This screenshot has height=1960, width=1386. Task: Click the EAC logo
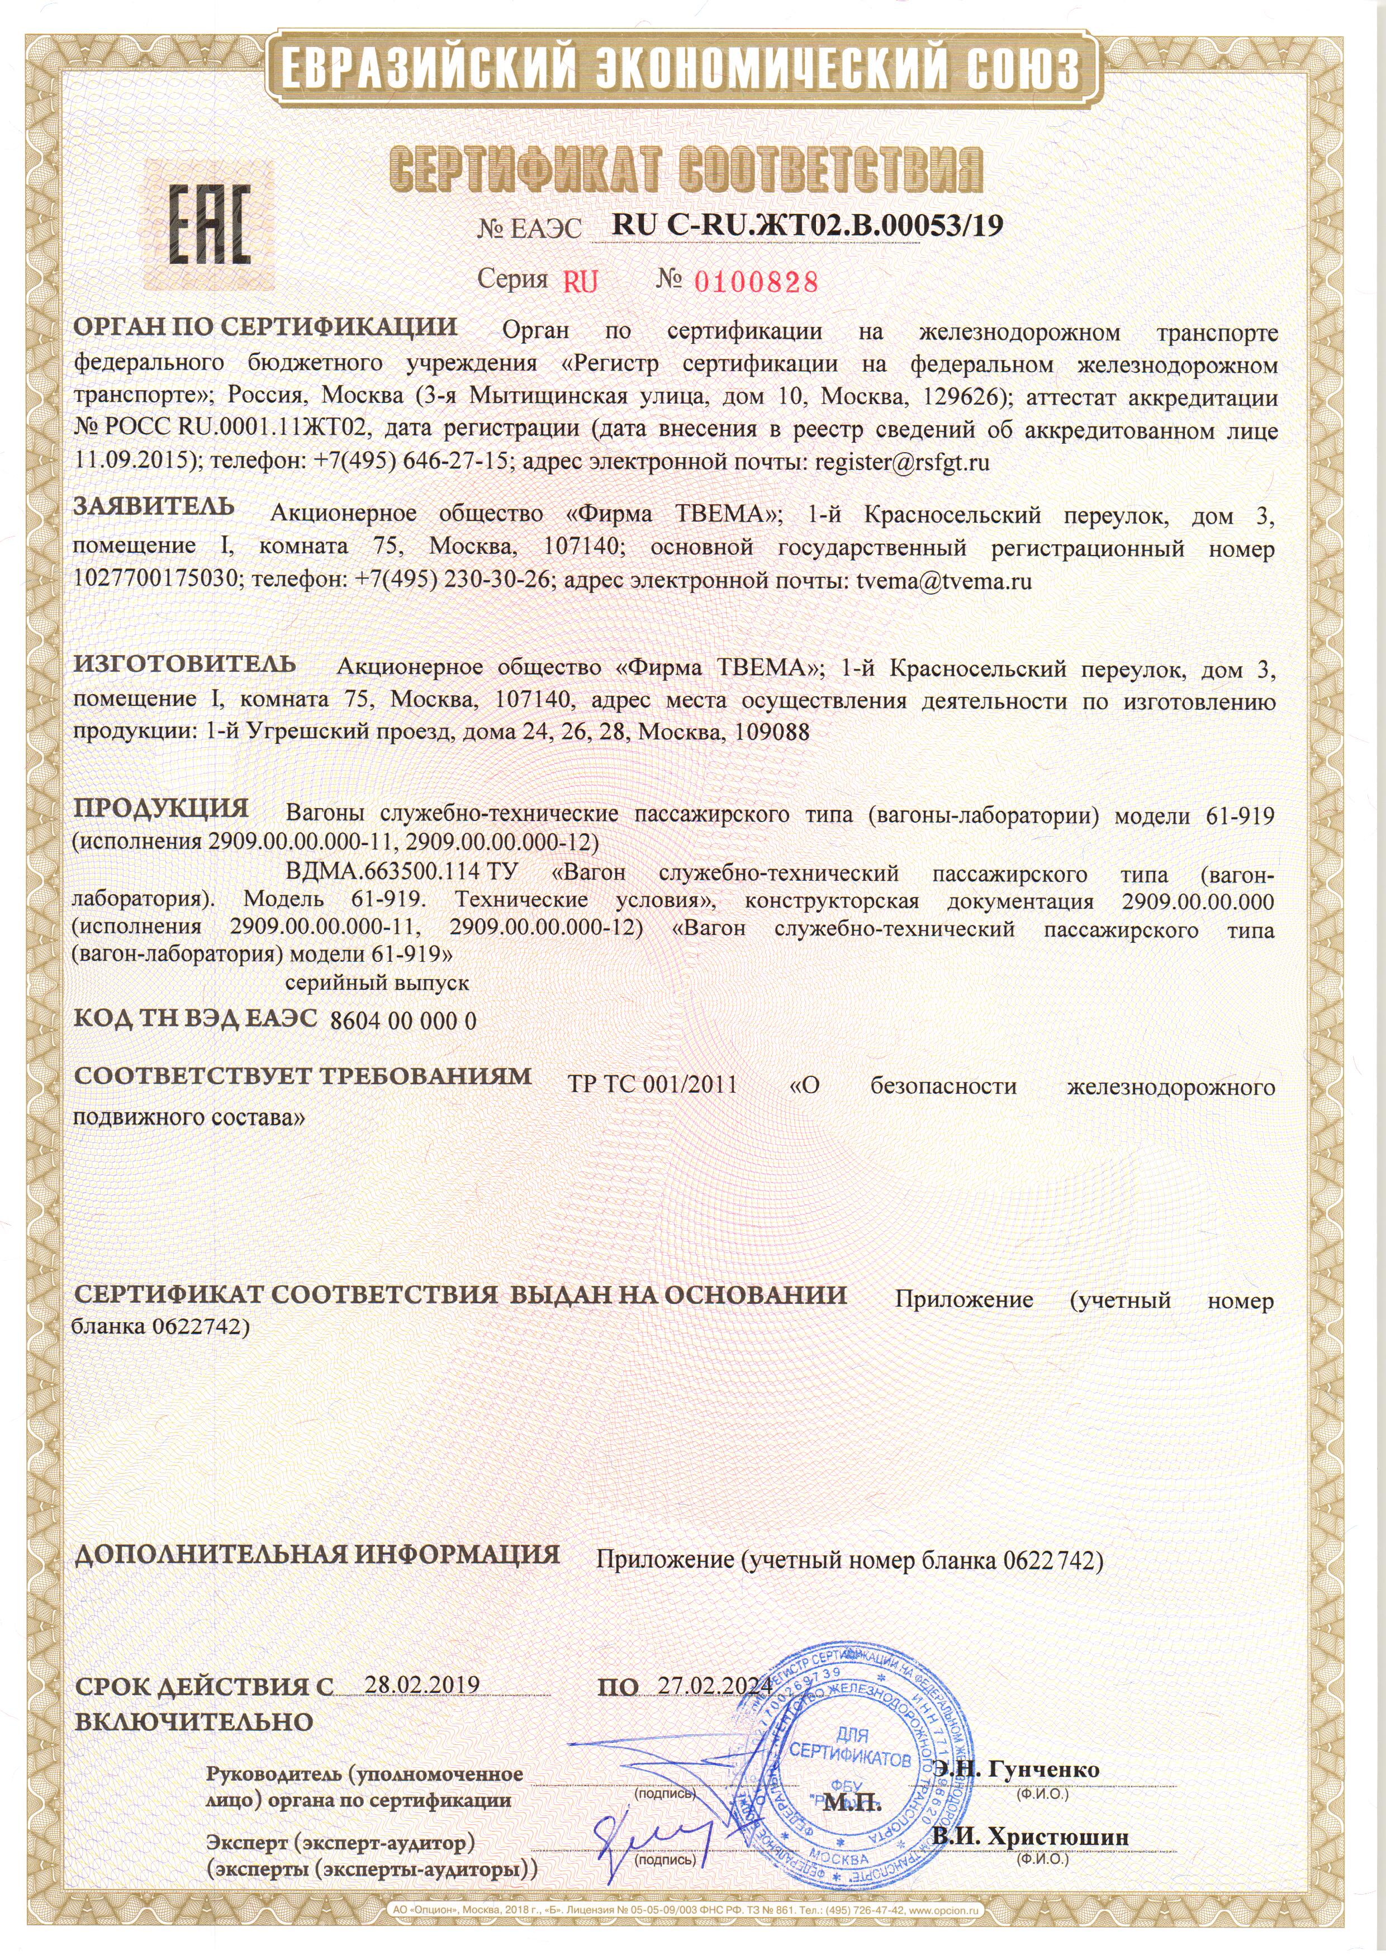point(208,225)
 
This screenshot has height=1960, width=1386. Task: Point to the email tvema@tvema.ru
point(944,581)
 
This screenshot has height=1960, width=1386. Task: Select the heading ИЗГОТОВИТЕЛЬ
point(184,663)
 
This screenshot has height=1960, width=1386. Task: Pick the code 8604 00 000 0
point(403,1021)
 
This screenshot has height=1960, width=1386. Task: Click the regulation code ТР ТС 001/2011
point(652,1085)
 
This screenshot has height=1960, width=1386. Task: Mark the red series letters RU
point(580,282)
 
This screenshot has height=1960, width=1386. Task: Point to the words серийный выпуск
point(376,983)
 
